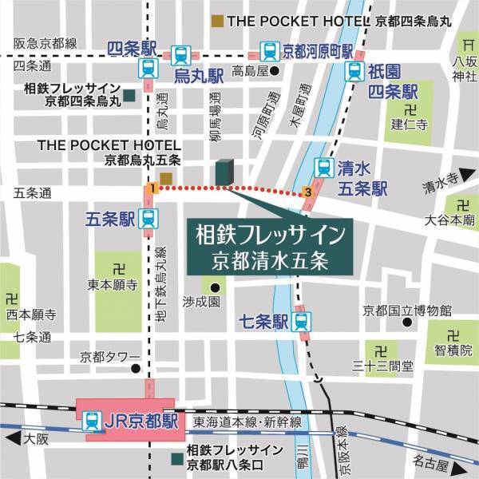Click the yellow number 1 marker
pos(149,188)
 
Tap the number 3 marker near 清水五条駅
pos(308,192)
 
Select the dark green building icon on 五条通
pos(224,172)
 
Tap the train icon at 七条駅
pos(301,322)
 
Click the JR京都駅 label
pos(130,418)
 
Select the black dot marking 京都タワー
pos(136,370)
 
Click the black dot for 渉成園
pos(213,287)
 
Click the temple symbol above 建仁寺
pos(410,109)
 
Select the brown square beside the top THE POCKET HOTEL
pos(216,19)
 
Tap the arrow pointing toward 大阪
pos(10,436)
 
